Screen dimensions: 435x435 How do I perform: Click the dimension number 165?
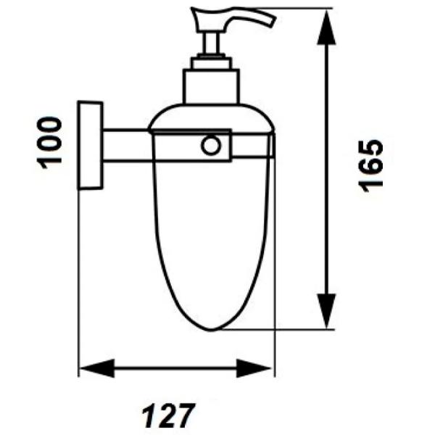point(370,166)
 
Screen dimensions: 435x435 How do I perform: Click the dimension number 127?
point(169,416)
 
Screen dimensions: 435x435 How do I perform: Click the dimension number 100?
point(49,143)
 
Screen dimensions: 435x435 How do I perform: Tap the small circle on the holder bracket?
point(211,145)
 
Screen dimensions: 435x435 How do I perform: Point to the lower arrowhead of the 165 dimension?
point(326,312)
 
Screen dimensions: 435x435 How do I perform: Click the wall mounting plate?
point(90,146)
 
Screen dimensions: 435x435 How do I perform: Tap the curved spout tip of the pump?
point(270,22)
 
